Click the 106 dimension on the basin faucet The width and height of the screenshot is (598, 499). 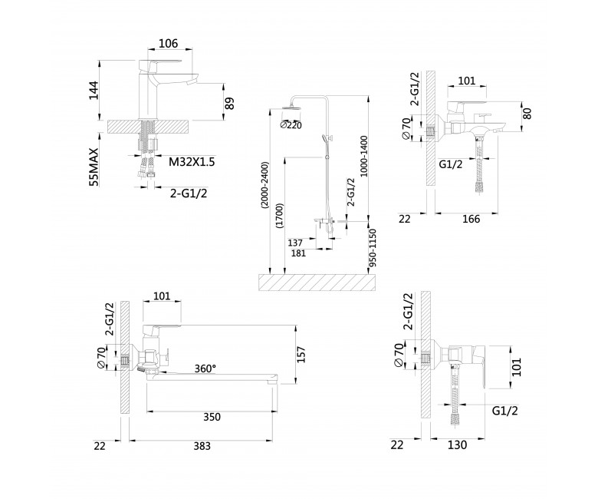tap(168, 44)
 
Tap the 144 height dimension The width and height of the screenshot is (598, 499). tap(94, 91)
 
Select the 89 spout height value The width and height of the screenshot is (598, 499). tap(229, 103)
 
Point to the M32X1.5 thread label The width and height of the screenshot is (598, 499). tap(192, 162)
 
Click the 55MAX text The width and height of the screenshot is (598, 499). tap(94, 167)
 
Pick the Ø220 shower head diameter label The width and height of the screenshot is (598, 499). tap(291, 125)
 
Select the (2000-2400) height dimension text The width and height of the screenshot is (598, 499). tap(264, 185)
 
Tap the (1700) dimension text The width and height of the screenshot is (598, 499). tap(280, 216)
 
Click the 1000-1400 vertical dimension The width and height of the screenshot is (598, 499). tap(363, 156)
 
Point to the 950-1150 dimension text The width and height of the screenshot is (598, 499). tap(373, 248)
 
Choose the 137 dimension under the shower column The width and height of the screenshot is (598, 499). tap(295, 243)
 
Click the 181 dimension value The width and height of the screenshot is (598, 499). tap(298, 253)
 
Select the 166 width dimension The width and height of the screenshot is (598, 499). tap(471, 219)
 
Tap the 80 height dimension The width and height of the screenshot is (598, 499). tap(527, 114)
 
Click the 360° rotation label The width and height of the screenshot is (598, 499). tap(205, 368)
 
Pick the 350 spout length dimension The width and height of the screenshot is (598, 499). tap(212, 417)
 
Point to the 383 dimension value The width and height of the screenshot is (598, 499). tap(202, 446)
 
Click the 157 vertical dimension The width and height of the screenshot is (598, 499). tap(301, 355)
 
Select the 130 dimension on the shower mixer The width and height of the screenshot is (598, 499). tap(457, 445)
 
